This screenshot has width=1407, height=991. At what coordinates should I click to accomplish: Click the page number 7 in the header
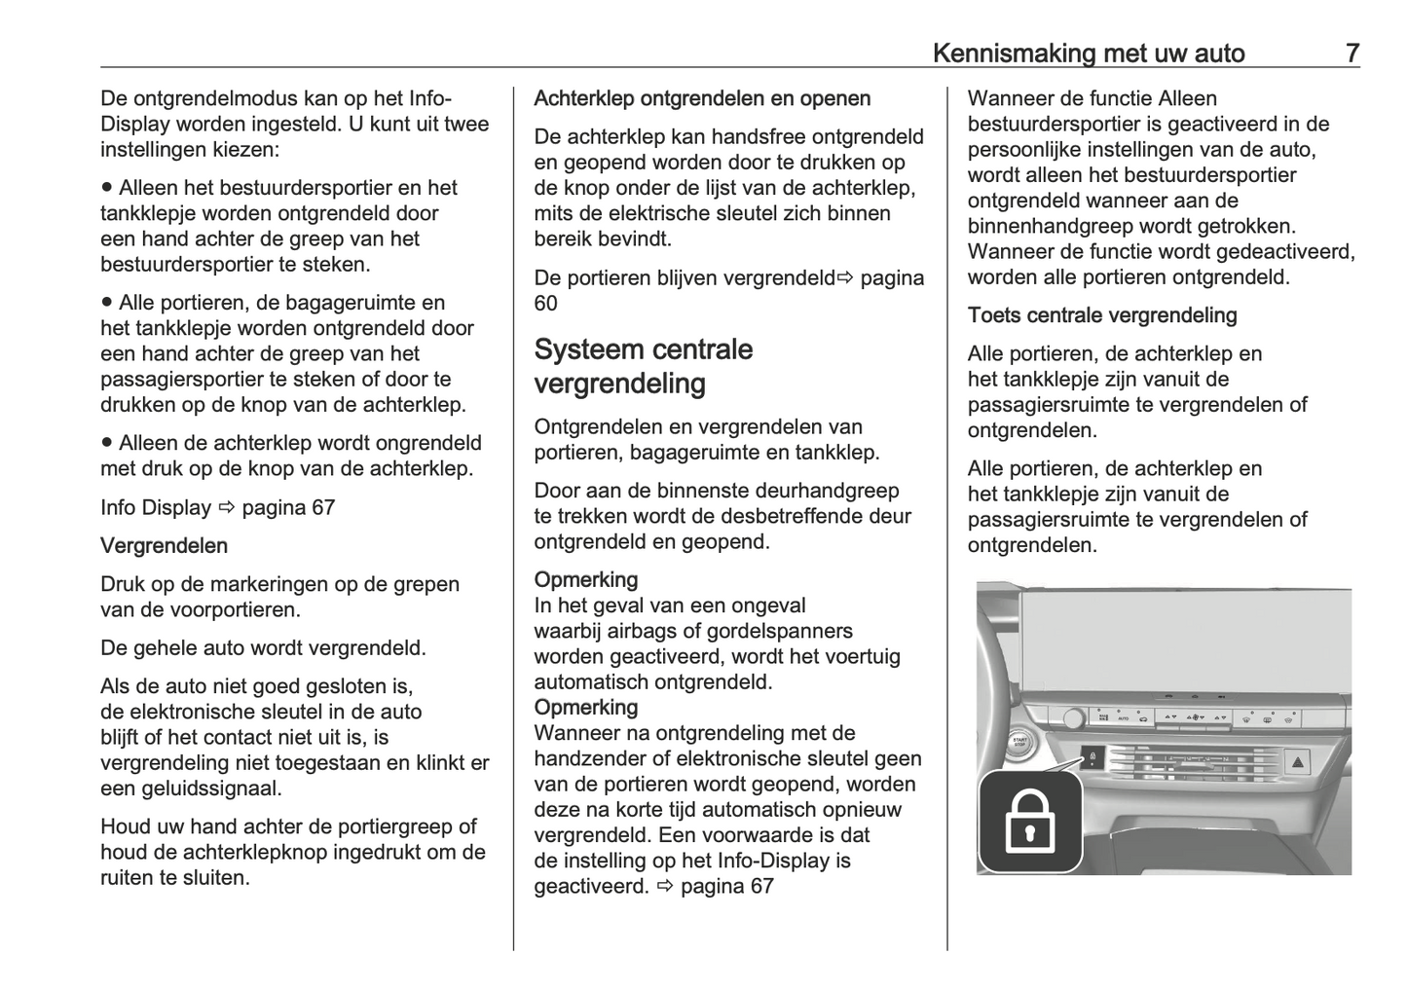coord(1351,53)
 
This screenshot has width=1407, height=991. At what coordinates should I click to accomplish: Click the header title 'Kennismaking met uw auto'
coord(1088,53)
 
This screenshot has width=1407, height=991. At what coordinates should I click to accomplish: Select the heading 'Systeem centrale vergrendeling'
coord(643,366)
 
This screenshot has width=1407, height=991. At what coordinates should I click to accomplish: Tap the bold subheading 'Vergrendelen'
coord(164,546)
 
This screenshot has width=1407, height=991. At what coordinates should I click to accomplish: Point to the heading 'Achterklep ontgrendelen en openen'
coord(702,98)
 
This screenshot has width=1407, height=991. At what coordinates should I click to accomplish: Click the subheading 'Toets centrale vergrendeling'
coord(1102,315)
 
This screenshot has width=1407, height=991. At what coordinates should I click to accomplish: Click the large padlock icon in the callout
coord(1029,821)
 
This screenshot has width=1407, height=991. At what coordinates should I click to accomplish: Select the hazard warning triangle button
coord(1299,762)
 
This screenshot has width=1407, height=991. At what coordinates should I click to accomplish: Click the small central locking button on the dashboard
coord(1092,758)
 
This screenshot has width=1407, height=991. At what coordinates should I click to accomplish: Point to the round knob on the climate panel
coord(1072,718)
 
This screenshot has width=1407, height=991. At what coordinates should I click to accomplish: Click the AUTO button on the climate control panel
coord(1123,718)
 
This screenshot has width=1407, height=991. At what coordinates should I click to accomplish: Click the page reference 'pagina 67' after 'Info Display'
coord(288,508)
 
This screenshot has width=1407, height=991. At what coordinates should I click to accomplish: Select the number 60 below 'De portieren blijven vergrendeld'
coord(545,304)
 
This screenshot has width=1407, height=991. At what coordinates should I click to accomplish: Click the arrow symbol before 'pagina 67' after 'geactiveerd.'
coord(665,886)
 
